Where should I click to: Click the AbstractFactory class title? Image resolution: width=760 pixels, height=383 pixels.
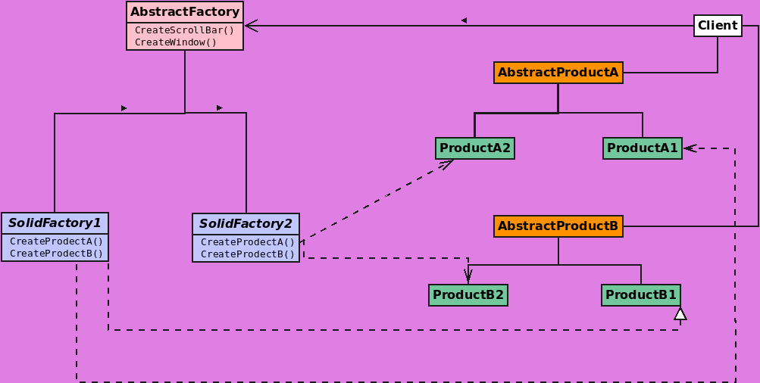[x=185, y=12]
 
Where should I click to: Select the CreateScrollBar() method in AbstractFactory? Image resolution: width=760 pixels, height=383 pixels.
[x=184, y=30]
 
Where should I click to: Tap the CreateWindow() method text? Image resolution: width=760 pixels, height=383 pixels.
[x=176, y=42]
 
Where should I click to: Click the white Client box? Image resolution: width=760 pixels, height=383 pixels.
[x=717, y=26]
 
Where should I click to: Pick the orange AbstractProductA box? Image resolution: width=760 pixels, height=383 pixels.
[x=558, y=73]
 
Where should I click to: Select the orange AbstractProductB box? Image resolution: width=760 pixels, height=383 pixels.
[x=558, y=226]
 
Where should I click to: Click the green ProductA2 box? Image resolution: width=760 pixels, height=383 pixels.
[x=475, y=148]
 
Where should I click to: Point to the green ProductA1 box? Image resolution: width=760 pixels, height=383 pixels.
[x=642, y=148]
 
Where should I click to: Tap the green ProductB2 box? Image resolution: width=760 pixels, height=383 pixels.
[x=468, y=295]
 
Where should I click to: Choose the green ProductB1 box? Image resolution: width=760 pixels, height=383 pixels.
[x=640, y=295]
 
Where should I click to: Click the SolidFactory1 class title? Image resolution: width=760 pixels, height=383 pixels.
[x=55, y=223]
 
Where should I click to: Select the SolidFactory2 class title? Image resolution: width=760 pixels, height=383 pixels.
[x=246, y=224]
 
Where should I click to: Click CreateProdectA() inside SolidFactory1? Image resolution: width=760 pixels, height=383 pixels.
[x=56, y=241]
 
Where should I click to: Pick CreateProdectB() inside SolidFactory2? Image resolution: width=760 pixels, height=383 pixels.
[x=247, y=254]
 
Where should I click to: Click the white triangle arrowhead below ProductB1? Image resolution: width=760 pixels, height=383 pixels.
[x=680, y=313]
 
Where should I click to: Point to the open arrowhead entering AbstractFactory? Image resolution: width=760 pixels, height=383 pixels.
[x=252, y=26]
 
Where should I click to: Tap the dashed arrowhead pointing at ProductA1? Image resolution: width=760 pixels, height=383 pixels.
[x=690, y=148]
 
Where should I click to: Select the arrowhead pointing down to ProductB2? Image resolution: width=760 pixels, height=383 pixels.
[x=468, y=276]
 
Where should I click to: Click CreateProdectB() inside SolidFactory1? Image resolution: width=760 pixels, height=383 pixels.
[x=56, y=254]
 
